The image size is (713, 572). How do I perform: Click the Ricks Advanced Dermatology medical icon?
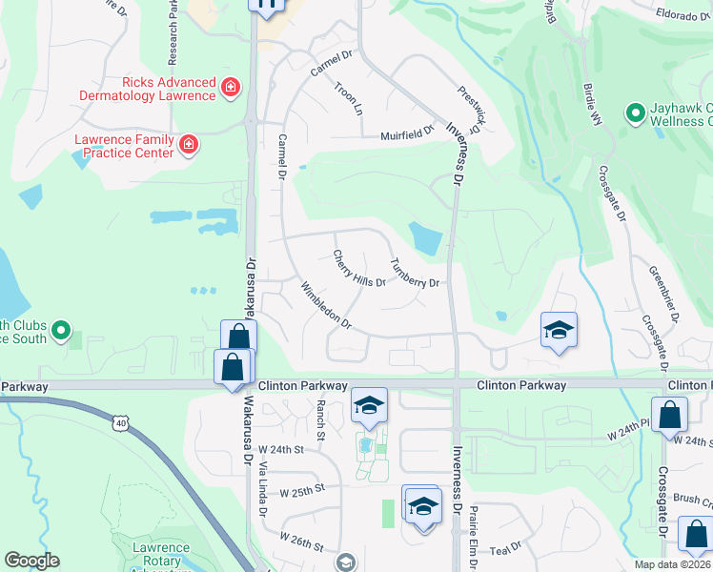230,89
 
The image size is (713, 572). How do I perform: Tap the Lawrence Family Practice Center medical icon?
189,145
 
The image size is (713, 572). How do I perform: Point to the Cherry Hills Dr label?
358,269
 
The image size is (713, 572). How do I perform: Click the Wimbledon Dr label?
325,306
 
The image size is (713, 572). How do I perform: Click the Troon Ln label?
349,98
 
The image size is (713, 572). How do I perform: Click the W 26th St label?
303,539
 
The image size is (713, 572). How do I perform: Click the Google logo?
31,561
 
